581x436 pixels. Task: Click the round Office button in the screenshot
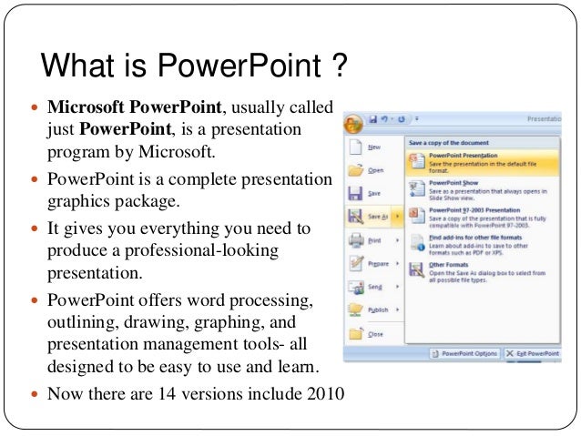[x=353, y=121]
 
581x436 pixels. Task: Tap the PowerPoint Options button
[x=465, y=352]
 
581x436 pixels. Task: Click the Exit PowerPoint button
[x=532, y=352]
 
